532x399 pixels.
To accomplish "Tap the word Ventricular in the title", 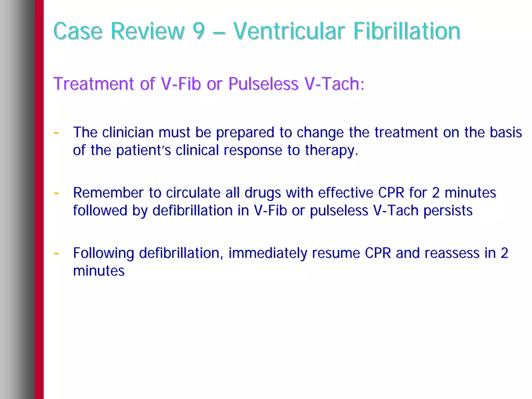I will click(x=289, y=31).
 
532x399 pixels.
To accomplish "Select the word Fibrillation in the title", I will click(x=407, y=31).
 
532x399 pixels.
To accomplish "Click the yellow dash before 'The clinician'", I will click(x=56, y=133).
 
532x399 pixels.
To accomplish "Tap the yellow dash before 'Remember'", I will click(x=56, y=193).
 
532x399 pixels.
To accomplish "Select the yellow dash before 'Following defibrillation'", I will click(x=56, y=253).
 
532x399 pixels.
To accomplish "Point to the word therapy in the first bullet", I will click(x=331, y=151).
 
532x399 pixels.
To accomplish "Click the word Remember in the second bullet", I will click(x=108, y=193).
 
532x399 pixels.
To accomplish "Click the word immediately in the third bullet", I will click(x=268, y=253).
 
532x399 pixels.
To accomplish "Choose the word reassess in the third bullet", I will click(x=452, y=253).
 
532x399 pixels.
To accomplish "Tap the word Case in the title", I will click(x=78, y=31).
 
